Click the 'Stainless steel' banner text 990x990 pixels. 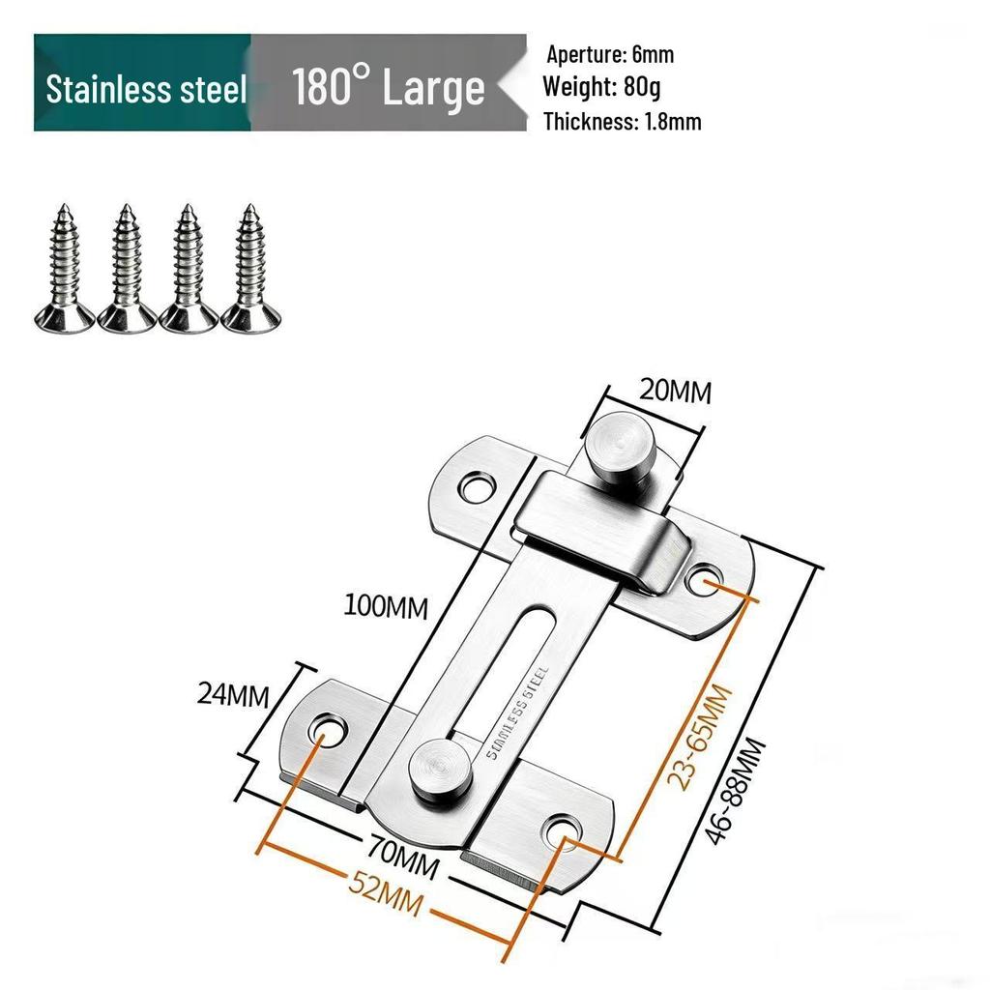pyautogui.click(x=146, y=89)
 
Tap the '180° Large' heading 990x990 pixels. pyautogui.click(x=388, y=87)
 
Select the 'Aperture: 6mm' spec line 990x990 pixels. pyautogui.click(x=610, y=54)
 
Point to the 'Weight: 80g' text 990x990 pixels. pyautogui.click(x=601, y=87)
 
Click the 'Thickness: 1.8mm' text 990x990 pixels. pyautogui.click(x=622, y=121)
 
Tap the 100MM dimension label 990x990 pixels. pyautogui.click(x=387, y=607)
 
